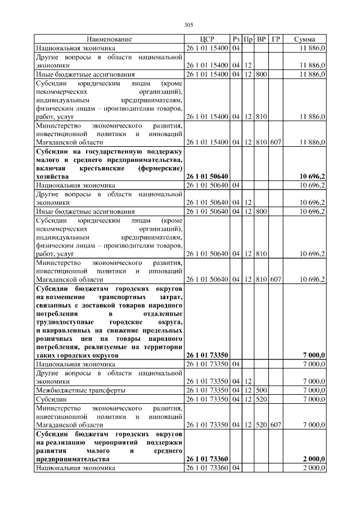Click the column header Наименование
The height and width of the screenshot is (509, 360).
pos(109,39)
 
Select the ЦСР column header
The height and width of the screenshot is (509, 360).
pos(207,39)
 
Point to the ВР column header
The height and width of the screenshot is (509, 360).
pos(262,39)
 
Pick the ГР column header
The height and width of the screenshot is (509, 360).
pos(276,39)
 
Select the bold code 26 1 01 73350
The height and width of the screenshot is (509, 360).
pos(207,355)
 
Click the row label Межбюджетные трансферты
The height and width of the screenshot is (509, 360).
pos(80,390)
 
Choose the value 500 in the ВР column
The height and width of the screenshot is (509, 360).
pos(262,390)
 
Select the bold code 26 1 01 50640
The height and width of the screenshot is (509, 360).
pos(207,176)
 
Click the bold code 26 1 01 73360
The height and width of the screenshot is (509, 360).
pos(207,459)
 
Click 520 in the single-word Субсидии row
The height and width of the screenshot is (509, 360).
pos(262,399)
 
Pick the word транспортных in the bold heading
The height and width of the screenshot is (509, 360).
pos(123,296)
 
